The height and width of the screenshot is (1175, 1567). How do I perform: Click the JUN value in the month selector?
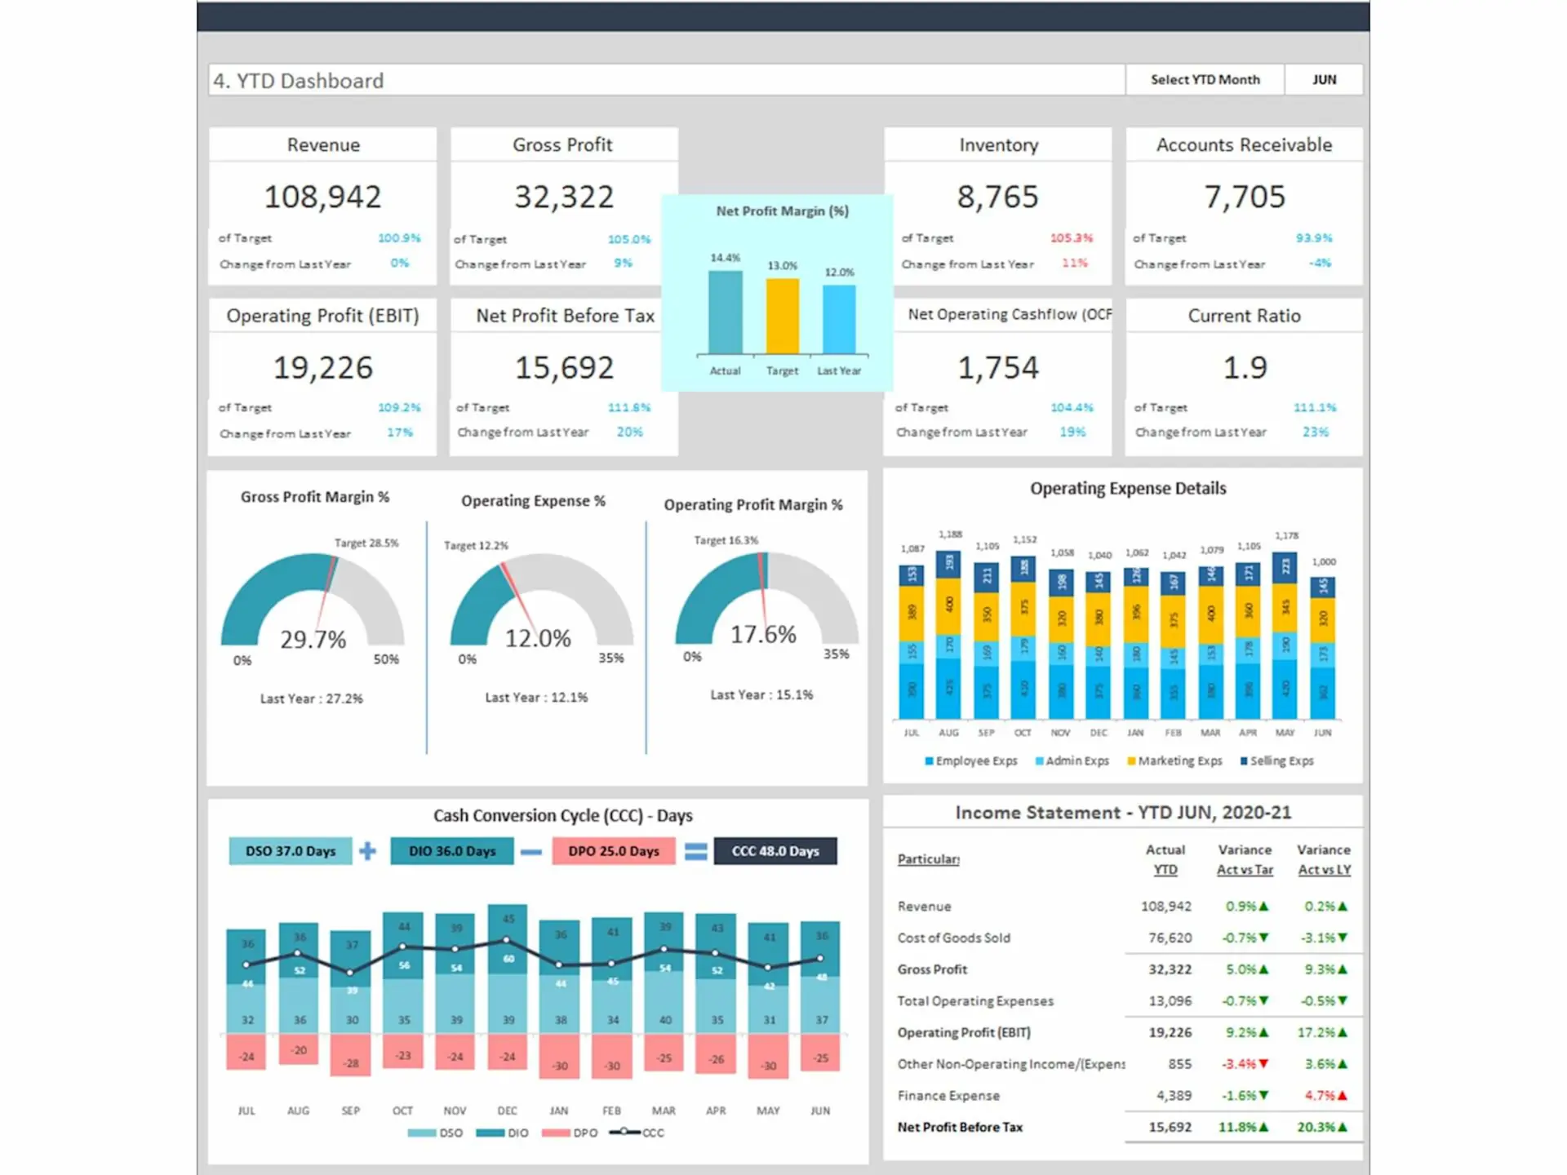(x=1324, y=80)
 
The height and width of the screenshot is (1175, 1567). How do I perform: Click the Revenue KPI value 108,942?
(x=322, y=197)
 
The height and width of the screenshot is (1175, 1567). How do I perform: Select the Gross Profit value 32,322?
(x=563, y=197)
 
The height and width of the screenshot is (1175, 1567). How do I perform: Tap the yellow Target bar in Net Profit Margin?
(x=782, y=316)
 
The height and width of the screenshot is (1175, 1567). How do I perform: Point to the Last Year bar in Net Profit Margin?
(x=839, y=319)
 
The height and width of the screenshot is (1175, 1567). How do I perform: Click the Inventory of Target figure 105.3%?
(x=1071, y=238)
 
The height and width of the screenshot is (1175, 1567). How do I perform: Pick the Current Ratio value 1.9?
(x=1244, y=368)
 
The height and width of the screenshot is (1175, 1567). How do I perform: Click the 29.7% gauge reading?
(x=313, y=640)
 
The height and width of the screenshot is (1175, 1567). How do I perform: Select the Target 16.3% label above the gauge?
(x=726, y=540)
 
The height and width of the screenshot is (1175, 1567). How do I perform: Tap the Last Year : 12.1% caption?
(x=536, y=698)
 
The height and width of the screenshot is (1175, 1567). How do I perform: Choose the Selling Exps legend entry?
(x=1277, y=760)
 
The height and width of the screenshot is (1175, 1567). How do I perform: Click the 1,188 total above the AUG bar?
(x=950, y=534)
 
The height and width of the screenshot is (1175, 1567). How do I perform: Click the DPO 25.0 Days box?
(x=614, y=851)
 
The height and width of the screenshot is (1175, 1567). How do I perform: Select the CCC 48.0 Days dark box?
(x=775, y=851)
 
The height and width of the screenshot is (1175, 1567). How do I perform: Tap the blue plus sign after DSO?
(x=368, y=851)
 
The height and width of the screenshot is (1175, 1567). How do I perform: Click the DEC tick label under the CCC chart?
(x=507, y=1111)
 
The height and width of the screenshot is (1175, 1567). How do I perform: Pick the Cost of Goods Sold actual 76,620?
(x=1170, y=938)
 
